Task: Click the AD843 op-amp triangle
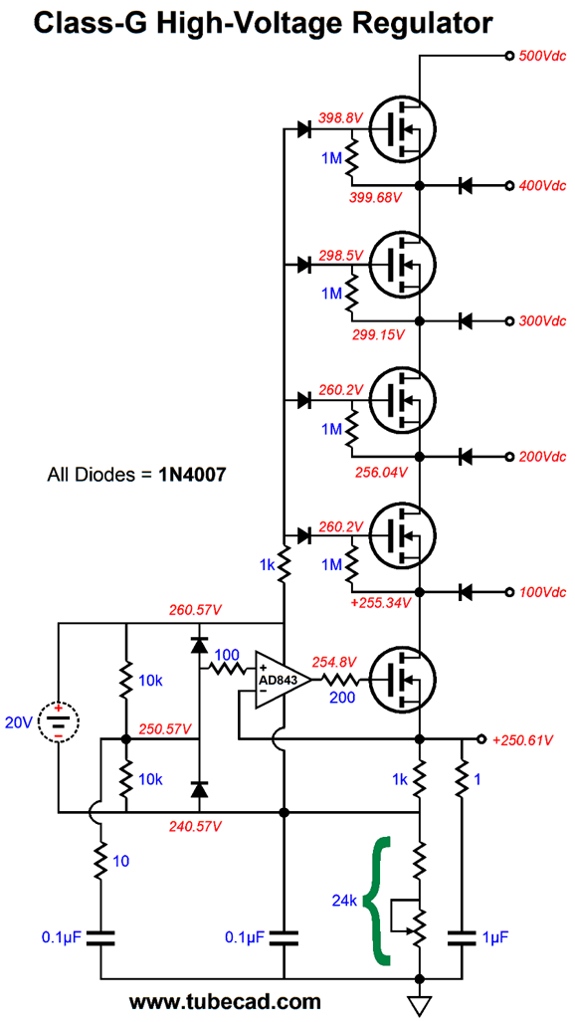(x=279, y=680)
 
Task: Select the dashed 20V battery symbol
(x=59, y=721)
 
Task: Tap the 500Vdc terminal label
(x=542, y=56)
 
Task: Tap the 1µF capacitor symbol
(x=462, y=938)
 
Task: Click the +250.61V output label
(x=523, y=740)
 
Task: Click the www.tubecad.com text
(x=225, y=1000)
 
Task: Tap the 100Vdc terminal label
(x=542, y=592)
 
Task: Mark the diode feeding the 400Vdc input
(x=466, y=186)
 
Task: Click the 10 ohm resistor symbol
(x=101, y=861)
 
